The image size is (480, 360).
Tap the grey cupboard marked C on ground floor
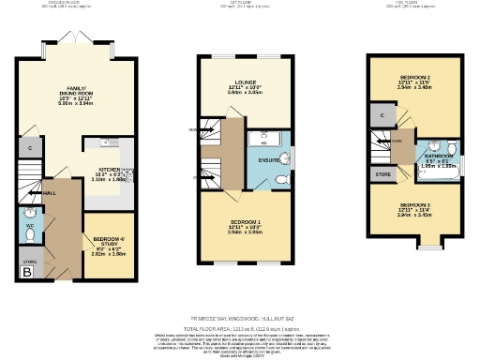[30, 149]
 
